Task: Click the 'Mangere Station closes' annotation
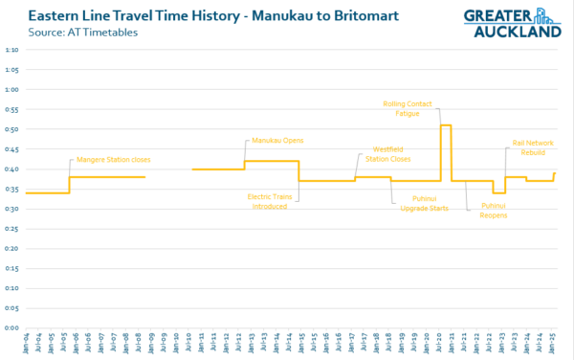(113, 159)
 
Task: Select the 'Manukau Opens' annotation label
(277, 140)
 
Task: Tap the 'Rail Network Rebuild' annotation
(533, 148)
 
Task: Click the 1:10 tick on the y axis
(11, 49)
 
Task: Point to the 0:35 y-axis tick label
(11, 189)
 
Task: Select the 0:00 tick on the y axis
(11, 327)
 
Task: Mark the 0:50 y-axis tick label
(11, 128)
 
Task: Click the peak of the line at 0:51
(445, 125)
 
